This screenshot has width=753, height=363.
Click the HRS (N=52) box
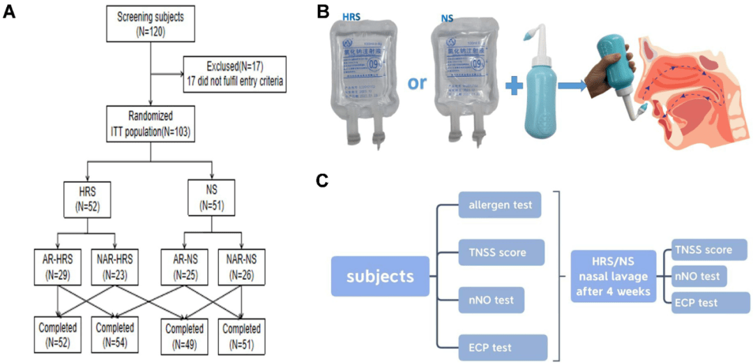click(86, 198)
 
